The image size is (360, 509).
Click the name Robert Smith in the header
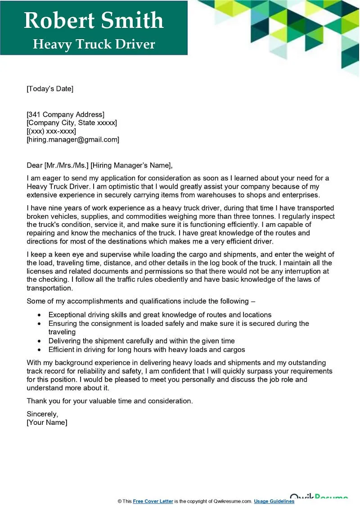[94, 21]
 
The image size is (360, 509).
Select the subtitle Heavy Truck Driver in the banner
[94, 44]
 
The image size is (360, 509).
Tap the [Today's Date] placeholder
[50, 89]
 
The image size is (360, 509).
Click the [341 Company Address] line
[66, 114]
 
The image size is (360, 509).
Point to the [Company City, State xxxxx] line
[72, 123]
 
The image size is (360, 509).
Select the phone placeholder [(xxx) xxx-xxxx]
[51, 131]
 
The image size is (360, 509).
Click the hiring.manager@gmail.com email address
[73, 140]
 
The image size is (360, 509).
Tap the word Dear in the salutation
[35, 165]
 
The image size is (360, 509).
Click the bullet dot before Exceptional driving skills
[39, 315]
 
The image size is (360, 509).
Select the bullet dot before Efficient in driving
[39, 350]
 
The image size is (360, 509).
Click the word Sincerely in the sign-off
[42, 414]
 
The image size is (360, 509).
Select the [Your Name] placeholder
[47, 423]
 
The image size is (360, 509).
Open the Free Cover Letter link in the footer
[153, 501]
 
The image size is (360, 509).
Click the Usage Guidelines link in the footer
[274, 501]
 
